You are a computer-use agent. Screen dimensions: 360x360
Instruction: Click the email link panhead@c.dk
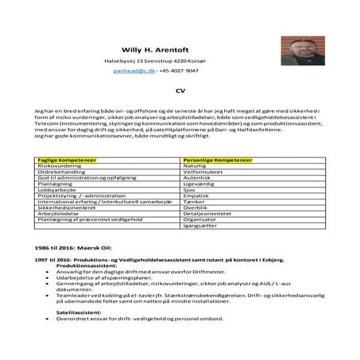[133, 71]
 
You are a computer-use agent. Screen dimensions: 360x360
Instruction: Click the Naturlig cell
[195, 166]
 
